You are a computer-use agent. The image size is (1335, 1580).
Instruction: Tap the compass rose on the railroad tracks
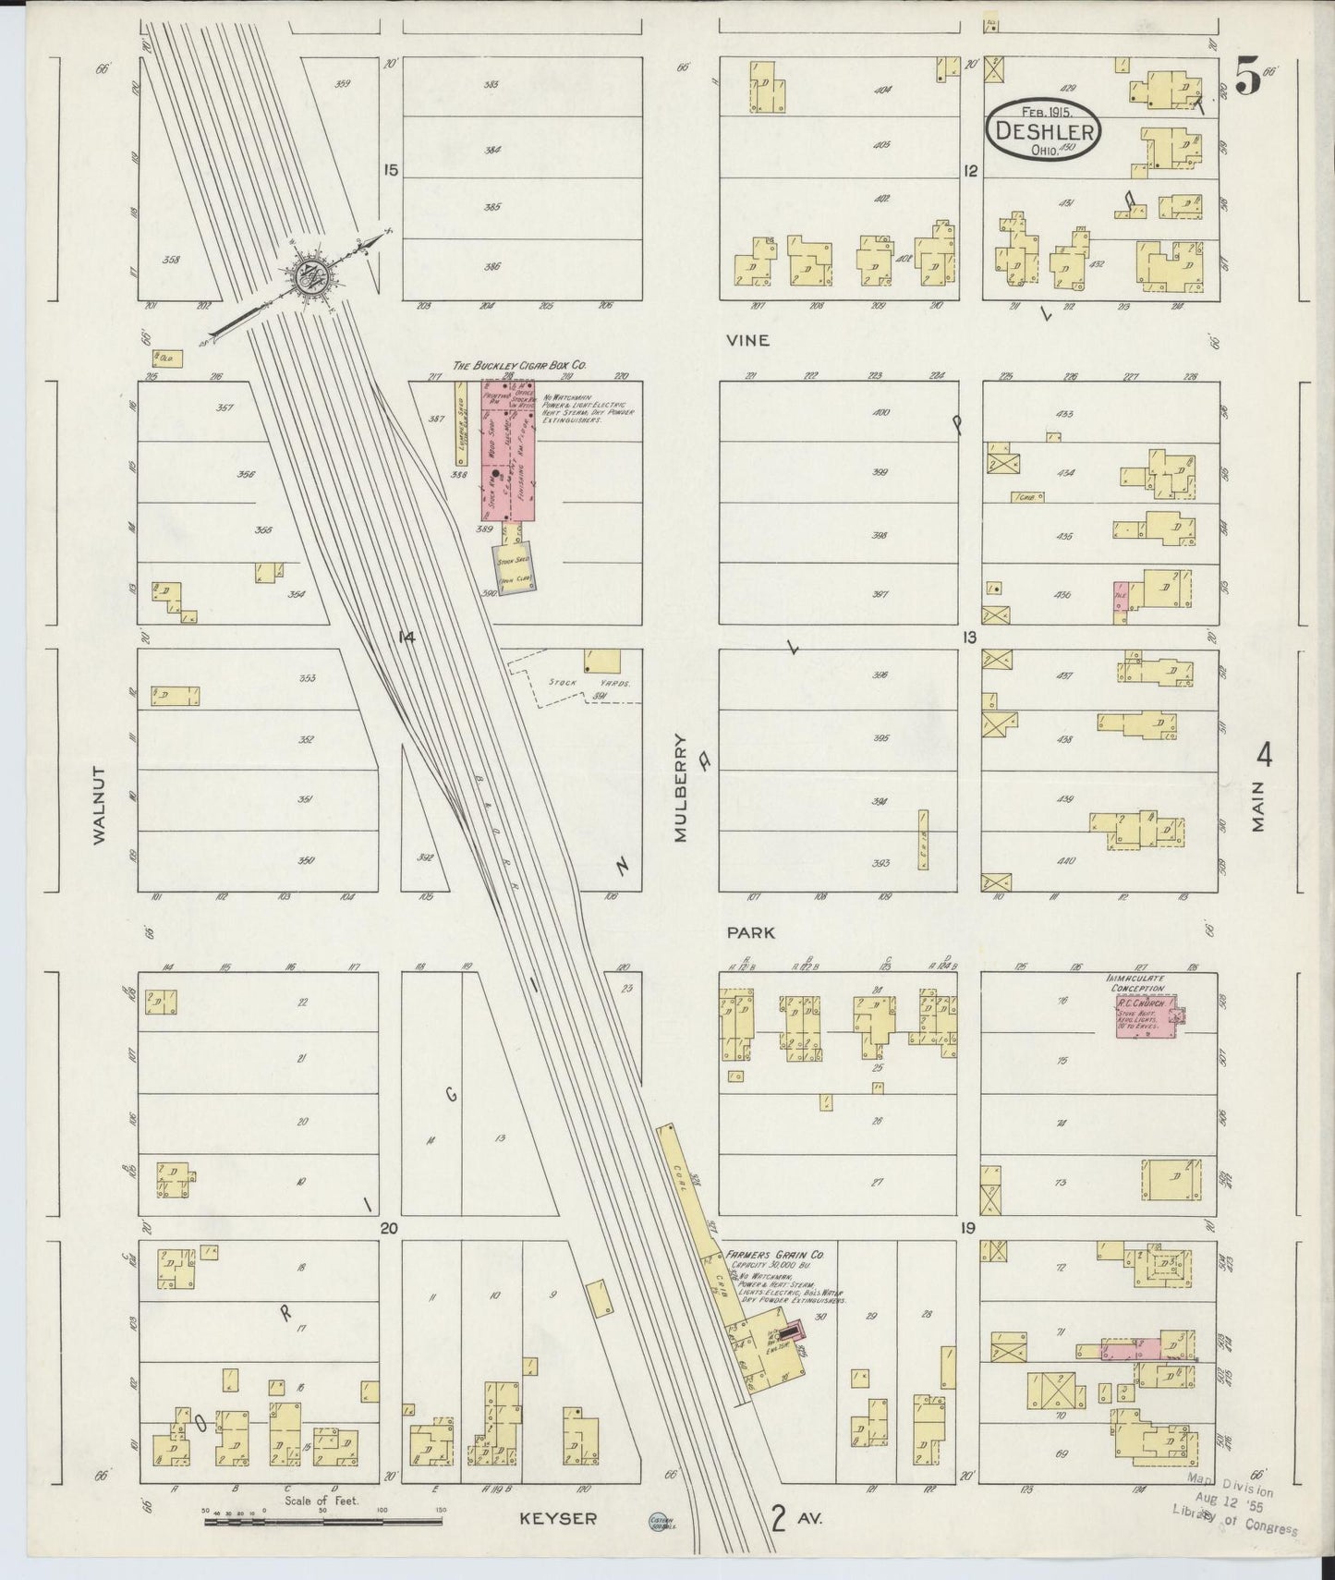[x=306, y=274]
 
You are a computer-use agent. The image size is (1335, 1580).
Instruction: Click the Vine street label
[x=747, y=340]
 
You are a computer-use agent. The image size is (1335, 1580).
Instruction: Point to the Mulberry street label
[x=681, y=787]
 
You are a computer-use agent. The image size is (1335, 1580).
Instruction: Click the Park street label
[x=749, y=933]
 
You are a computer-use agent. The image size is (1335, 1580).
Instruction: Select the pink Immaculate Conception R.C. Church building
[x=1144, y=1018]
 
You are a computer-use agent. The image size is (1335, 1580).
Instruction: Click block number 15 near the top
[x=391, y=170]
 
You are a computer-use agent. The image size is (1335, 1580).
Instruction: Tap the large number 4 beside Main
[x=1264, y=757]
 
